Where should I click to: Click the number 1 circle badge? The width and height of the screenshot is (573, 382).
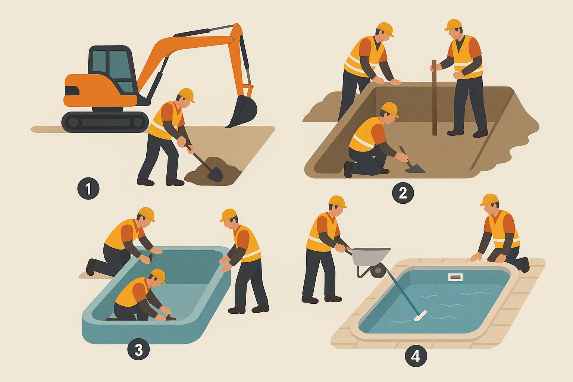pyautogui.click(x=88, y=188)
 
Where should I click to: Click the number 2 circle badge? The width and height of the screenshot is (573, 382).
pyautogui.click(x=403, y=193)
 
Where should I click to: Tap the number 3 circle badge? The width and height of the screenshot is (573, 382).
pyautogui.click(x=138, y=350)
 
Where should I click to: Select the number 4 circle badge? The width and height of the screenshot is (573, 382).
pyautogui.click(x=416, y=356)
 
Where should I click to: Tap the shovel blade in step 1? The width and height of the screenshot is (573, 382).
pyautogui.click(x=215, y=173)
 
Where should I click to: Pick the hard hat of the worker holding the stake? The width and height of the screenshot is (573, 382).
pyautogui.click(x=453, y=25)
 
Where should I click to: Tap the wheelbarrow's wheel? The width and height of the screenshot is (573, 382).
pyautogui.click(x=378, y=270)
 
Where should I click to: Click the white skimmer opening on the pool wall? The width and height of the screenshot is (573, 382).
pyautogui.click(x=455, y=277)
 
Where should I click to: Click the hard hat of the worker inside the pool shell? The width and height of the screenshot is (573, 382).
pyautogui.click(x=158, y=275)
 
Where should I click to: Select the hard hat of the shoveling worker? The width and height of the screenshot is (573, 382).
pyautogui.click(x=186, y=94)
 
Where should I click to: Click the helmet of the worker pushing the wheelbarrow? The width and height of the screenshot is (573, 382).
pyautogui.click(x=337, y=201)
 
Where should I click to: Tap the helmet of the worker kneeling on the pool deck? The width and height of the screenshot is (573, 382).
pyautogui.click(x=489, y=200)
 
